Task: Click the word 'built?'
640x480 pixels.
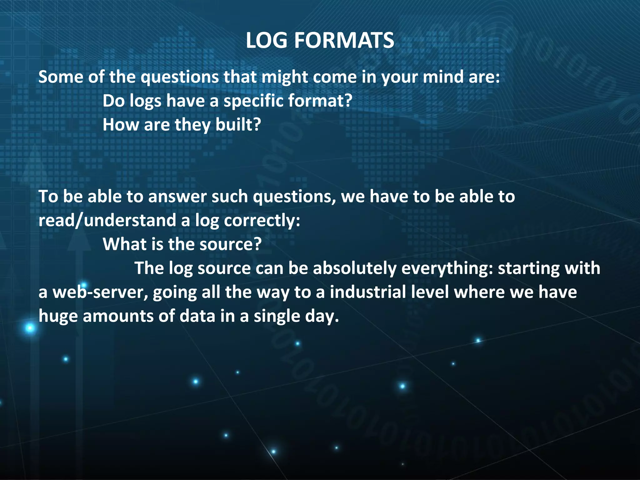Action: point(238,125)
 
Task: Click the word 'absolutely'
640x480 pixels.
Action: point(354,268)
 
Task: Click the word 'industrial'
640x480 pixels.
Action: point(368,292)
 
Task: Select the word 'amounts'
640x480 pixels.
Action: point(118,316)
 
